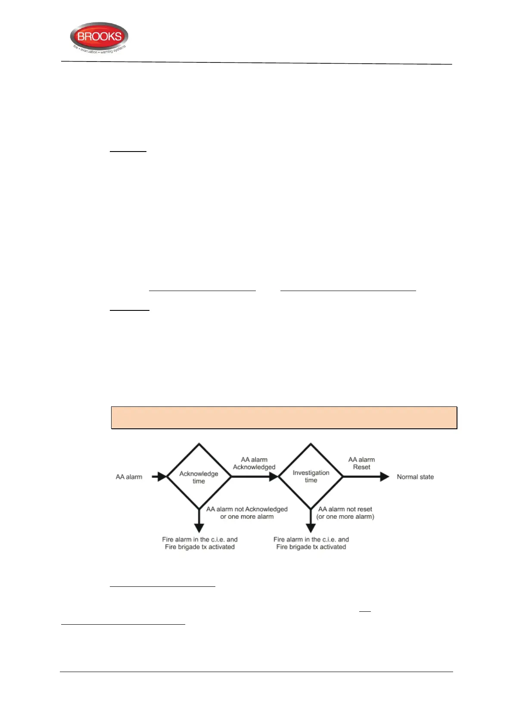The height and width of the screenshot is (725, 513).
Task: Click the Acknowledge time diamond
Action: pyautogui.click(x=199, y=477)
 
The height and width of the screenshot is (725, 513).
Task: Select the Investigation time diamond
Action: pyautogui.click(x=311, y=476)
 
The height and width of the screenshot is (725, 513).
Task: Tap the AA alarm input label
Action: pyautogui.click(x=129, y=477)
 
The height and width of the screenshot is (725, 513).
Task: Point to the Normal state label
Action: pyautogui.click(x=415, y=477)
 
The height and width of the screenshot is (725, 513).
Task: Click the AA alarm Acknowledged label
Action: pyautogui.click(x=254, y=463)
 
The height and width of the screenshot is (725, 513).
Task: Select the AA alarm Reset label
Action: pyautogui.click(x=361, y=463)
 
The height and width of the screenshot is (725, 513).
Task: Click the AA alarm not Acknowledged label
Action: pyautogui.click(x=247, y=513)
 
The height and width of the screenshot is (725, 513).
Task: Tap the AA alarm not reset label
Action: pyautogui.click(x=345, y=513)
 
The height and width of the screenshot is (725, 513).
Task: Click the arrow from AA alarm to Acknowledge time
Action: pyautogui.click(x=159, y=477)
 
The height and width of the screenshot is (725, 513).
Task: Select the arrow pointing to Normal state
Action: pyautogui.click(x=366, y=477)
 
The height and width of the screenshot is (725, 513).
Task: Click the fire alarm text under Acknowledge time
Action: pyautogui.click(x=200, y=543)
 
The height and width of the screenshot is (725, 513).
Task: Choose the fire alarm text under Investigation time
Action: pyautogui.click(x=311, y=543)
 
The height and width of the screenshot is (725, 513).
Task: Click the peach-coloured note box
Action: pyautogui.click(x=284, y=418)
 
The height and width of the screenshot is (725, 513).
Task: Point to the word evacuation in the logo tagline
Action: pyautogui.click(x=89, y=51)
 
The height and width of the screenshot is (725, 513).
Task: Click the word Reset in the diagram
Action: pyautogui.click(x=361, y=467)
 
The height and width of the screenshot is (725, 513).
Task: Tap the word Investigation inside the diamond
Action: pyautogui.click(x=311, y=473)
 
